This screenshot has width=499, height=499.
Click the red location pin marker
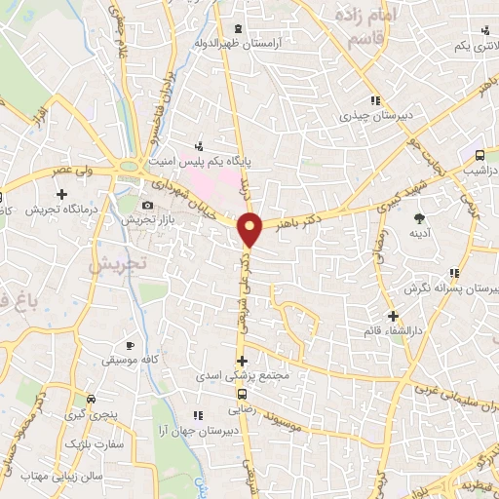point(251,229)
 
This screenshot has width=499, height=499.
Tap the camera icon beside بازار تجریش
point(147,206)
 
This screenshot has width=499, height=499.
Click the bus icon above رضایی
point(242,394)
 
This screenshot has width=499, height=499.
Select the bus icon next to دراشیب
point(480,155)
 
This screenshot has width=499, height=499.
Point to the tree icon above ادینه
point(420,218)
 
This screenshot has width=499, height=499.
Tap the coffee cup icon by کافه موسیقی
point(130,346)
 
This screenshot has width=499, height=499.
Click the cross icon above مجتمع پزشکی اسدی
point(242,360)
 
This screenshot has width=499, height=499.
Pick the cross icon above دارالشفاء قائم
point(393,316)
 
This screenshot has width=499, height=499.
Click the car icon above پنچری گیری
point(91,399)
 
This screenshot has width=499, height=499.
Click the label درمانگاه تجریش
point(58,210)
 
